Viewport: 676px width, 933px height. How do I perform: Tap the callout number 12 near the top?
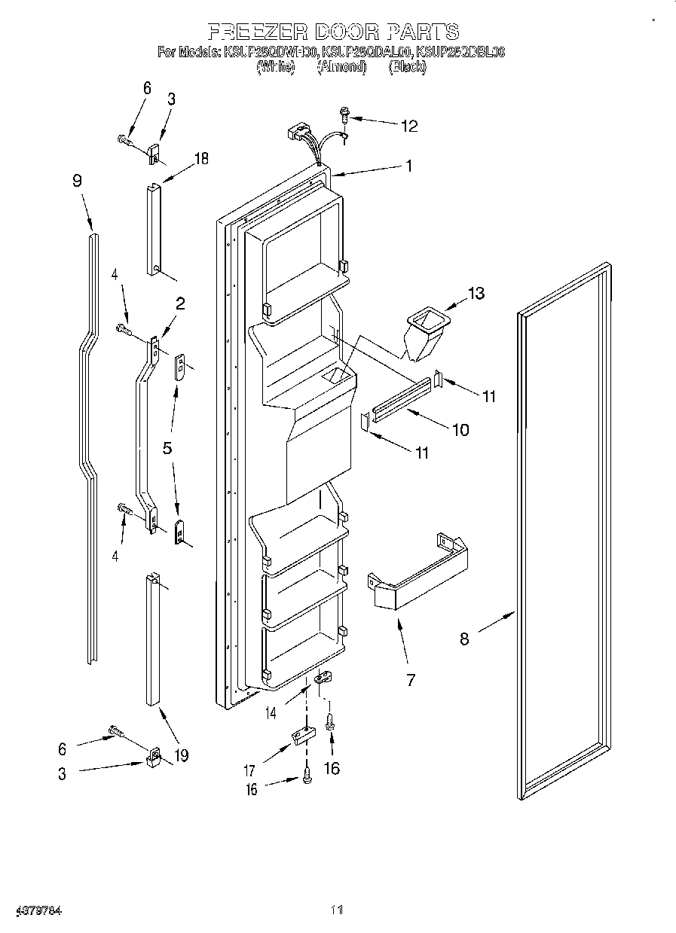pyautogui.click(x=408, y=126)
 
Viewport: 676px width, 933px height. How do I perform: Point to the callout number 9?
pyautogui.click(x=77, y=181)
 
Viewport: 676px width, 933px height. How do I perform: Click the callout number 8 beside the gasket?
pyautogui.click(x=464, y=639)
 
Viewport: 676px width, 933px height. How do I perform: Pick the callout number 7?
pyautogui.click(x=411, y=681)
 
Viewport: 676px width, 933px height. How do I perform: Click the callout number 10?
pyautogui.click(x=459, y=430)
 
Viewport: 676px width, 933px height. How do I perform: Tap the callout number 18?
pyautogui.click(x=200, y=158)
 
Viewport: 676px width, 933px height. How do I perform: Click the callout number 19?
pyautogui.click(x=181, y=754)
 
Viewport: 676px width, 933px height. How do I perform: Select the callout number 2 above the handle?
pyautogui.click(x=180, y=303)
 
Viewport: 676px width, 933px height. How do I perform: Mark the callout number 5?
pyautogui.click(x=167, y=447)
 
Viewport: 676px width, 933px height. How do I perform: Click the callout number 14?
pyautogui.click(x=270, y=711)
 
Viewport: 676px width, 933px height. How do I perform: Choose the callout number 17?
pyautogui.click(x=249, y=770)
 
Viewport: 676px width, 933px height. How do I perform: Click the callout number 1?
pyautogui.click(x=408, y=167)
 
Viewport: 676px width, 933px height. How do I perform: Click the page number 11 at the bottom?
pyautogui.click(x=336, y=910)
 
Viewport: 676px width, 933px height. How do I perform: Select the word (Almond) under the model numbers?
pyautogui.click(x=341, y=68)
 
